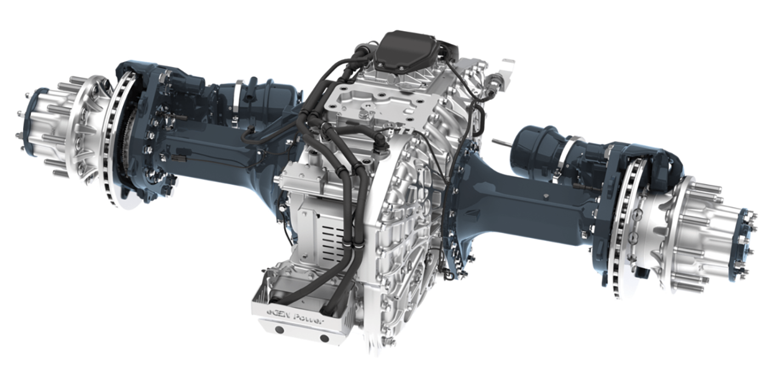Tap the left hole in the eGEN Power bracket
[x=279, y=330]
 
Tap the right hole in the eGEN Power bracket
[x=324, y=338]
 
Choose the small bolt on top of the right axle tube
[x=549, y=196]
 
